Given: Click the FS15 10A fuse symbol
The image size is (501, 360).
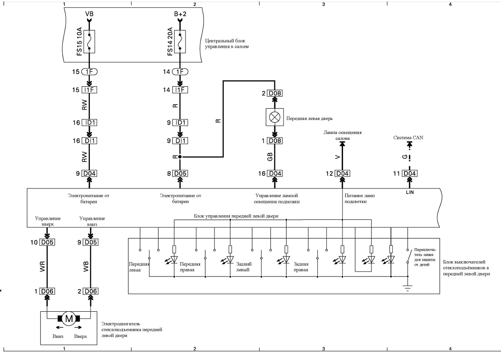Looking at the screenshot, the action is coord(89,42).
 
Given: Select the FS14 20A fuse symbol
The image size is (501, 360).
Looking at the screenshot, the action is coord(180,42).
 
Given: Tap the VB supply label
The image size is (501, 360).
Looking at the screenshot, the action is coord(89,14).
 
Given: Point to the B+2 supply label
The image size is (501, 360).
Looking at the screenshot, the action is coord(180,14).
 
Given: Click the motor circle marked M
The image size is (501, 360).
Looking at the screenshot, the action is coord(69,318).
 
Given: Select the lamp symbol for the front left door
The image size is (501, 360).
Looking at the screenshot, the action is coord(275,117).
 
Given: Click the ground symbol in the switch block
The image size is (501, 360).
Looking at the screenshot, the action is coord(408,288).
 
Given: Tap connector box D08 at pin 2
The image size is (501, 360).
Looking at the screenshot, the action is coord(275,93).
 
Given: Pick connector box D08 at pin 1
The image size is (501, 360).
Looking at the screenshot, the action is coord(275,141).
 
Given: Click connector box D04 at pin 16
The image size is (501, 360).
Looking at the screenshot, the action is coord(275,173).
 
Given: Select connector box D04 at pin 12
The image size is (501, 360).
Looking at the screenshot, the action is coord(342,173).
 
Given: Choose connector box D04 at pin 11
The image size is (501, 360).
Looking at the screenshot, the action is coord(409,173).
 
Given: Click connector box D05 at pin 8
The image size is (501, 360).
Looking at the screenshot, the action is coord(180,173).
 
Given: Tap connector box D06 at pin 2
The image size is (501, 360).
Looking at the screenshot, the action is coord(91,291).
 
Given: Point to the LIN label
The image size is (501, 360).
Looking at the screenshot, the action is coord(410,192).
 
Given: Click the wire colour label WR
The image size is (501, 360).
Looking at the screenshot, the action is coord(42,267).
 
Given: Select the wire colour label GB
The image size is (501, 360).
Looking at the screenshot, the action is coord(270,157).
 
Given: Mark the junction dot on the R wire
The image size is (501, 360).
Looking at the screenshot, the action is coord(180,157).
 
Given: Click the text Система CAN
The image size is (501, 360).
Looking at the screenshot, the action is coord(408,138).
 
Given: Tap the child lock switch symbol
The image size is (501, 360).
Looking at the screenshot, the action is coord(408,256).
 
